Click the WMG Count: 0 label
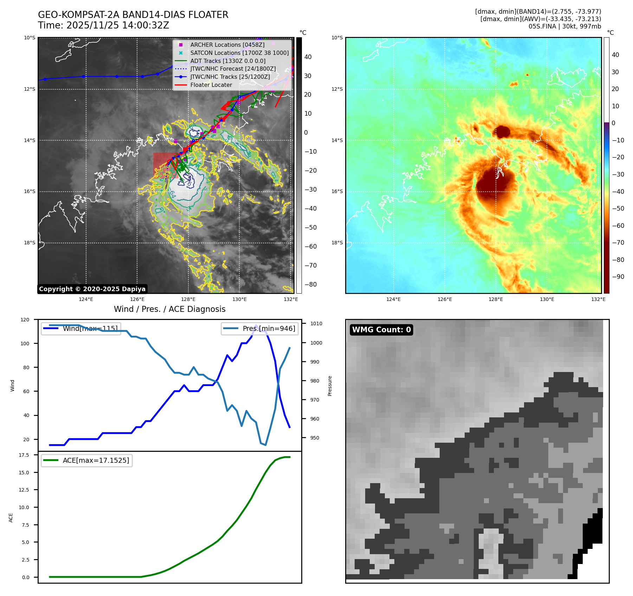pos(381,330)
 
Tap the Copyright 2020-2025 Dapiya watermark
pos(92,289)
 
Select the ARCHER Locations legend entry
pos(227,45)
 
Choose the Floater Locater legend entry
pos(211,85)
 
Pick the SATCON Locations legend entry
pos(239,53)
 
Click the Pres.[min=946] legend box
pos(260,329)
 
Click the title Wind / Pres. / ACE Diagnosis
pos(169,309)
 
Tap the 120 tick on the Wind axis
pos(25,320)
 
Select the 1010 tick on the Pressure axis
pos(316,324)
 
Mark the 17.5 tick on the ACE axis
pos(24,455)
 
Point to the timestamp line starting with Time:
pos(103,26)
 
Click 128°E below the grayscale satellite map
pos(188,300)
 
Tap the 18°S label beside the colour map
pos(337,243)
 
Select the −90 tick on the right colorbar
pos(618,277)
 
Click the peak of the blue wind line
pos(256,326)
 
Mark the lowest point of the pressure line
pos(265,445)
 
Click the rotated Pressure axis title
pos(330,386)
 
